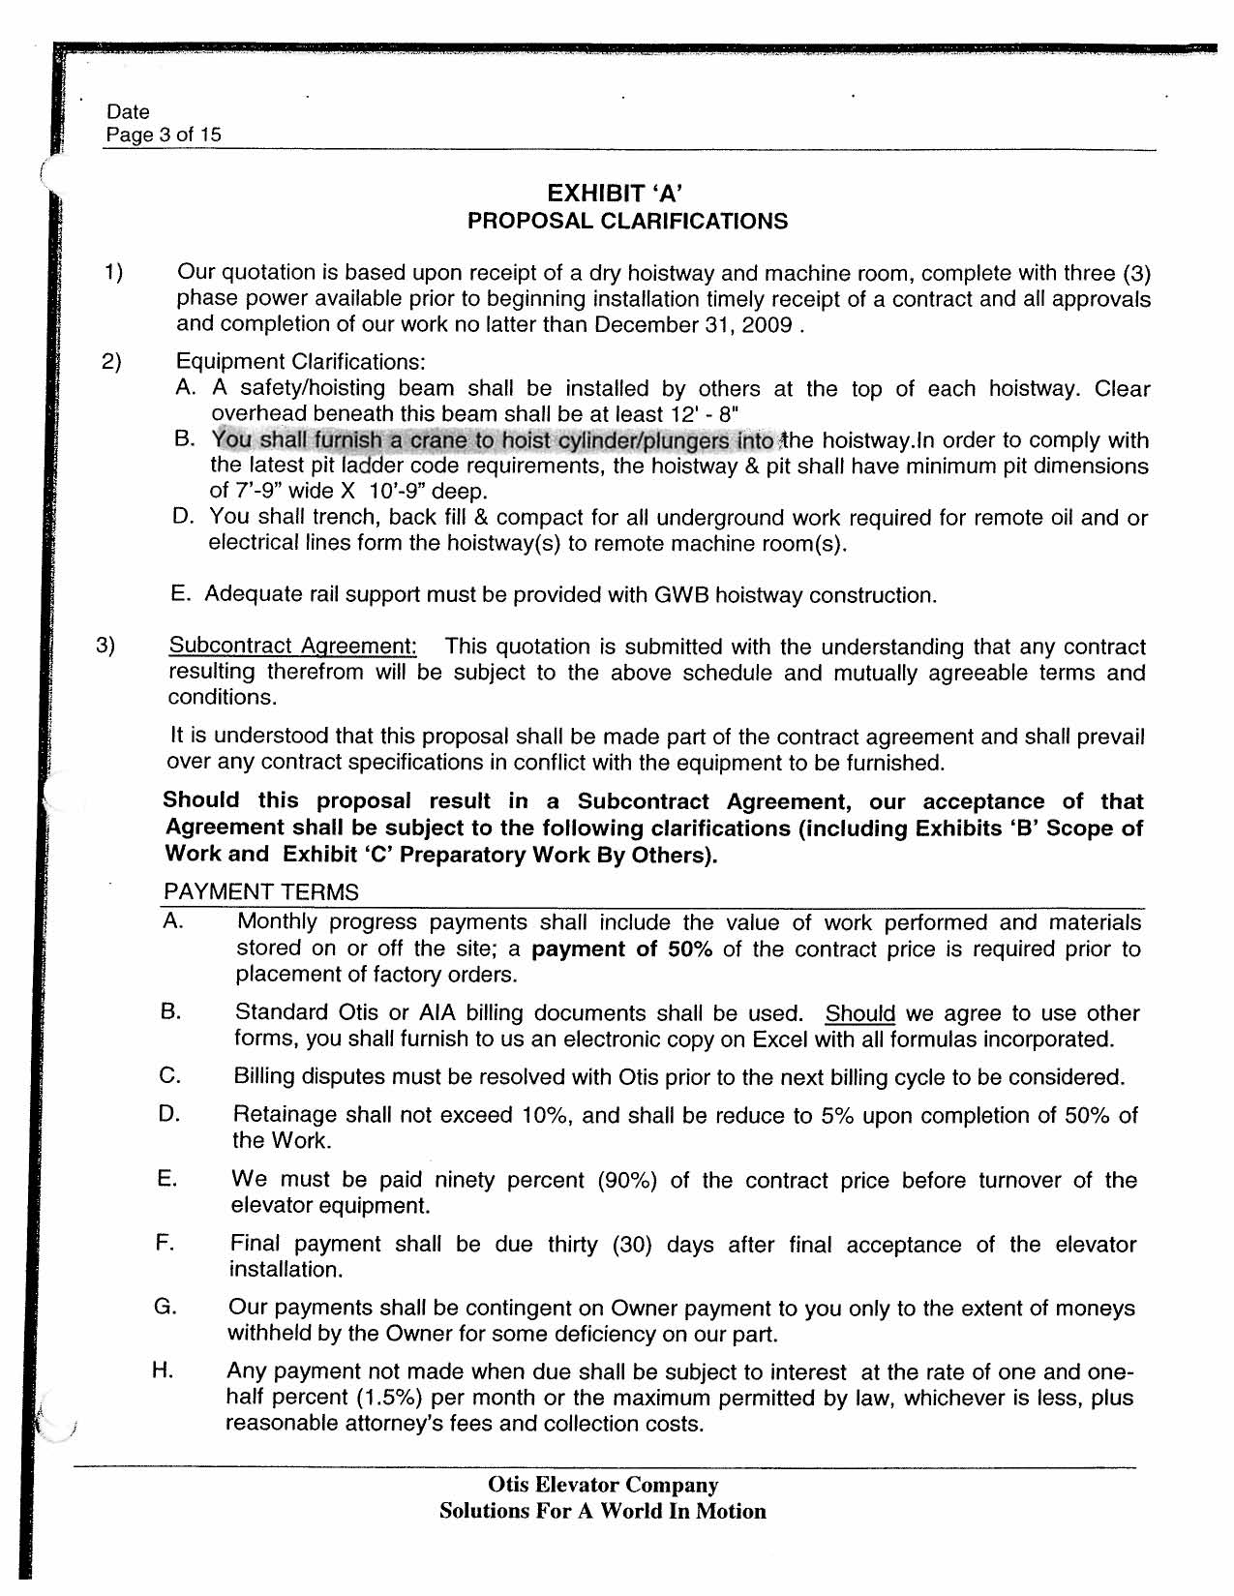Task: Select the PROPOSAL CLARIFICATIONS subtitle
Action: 627,222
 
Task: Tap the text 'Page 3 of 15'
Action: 164,135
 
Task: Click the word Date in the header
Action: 128,112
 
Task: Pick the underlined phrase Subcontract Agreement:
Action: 293,647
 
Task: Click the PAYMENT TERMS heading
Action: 261,892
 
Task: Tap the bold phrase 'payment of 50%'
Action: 622,949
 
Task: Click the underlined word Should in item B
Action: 859,1014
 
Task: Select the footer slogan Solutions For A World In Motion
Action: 602,1512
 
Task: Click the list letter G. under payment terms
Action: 165,1308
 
